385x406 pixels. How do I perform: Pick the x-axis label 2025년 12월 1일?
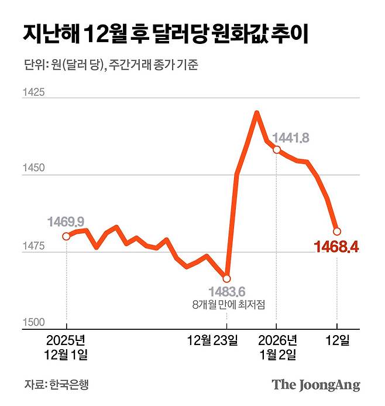click(66, 347)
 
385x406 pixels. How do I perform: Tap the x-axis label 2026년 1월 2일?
click(277, 347)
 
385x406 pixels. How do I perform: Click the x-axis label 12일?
click(337, 340)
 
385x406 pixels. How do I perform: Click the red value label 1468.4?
click(336, 248)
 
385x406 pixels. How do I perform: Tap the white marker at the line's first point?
click(66, 236)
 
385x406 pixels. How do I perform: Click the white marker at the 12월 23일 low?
click(227, 278)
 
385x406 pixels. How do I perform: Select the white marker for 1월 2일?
click(277, 150)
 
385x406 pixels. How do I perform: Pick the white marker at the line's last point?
click(337, 231)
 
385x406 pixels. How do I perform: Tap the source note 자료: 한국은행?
click(58, 385)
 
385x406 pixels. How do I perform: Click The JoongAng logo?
click(315, 385)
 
